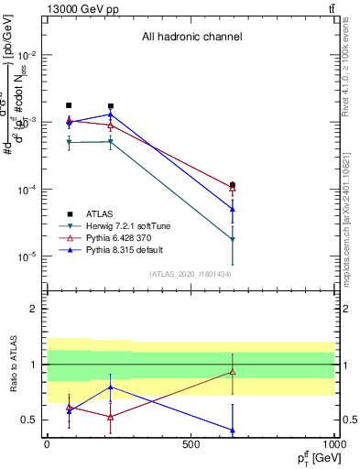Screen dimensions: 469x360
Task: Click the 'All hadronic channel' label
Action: [191, 38]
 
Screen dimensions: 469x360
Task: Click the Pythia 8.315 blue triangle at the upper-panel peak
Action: [111, 115]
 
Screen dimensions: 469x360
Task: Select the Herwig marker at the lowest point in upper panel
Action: [233, 239]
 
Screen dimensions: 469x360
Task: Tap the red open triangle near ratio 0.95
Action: [233, 371]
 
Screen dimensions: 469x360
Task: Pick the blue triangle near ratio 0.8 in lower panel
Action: [111, 387]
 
